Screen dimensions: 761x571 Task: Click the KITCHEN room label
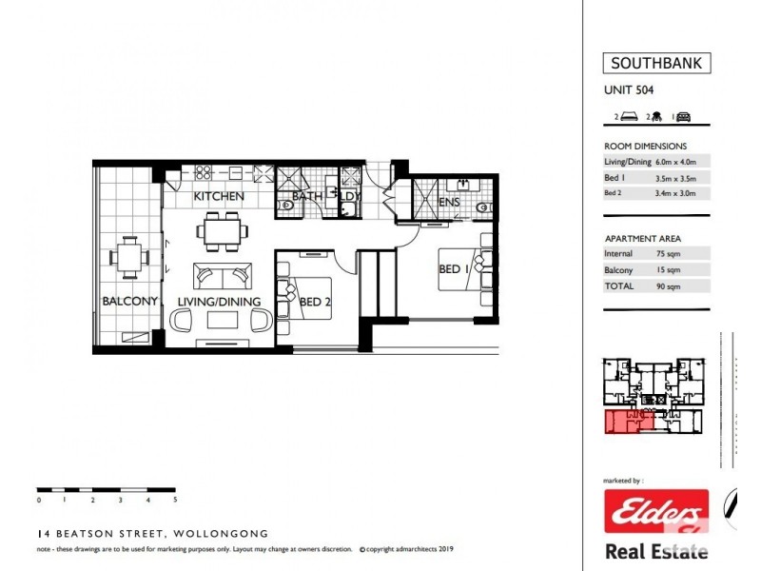coord(219,196)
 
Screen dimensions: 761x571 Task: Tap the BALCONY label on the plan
coord(129,301)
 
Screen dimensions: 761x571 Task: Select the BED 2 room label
coord(315,302)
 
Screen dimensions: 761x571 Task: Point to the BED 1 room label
coord(454,268)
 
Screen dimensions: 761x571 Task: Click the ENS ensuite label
coord(449,202)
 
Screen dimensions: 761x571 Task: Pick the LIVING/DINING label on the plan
coord(219,302)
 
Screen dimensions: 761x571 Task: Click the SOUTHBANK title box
coord(656,63)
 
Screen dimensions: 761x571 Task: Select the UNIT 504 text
coord(629,89)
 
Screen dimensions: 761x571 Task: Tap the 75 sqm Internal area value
coord(669,253)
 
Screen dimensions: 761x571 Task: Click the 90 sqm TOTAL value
coord(669,286)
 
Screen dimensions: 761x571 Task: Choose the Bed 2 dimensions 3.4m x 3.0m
coord(675,193)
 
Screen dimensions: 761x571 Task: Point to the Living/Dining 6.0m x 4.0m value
coord(675,162)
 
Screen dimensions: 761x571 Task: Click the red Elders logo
coord(656,511)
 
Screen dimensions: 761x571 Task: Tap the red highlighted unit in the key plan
coord(629,421)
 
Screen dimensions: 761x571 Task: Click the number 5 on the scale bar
coord(175,499)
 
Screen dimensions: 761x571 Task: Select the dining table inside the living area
coord(223,231)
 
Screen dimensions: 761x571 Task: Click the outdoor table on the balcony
coord(129,257)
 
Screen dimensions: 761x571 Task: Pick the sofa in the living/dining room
coord(223,276)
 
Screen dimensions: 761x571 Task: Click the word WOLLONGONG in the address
coord(221,534)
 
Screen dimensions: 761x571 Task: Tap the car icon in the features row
coord(683,116)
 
